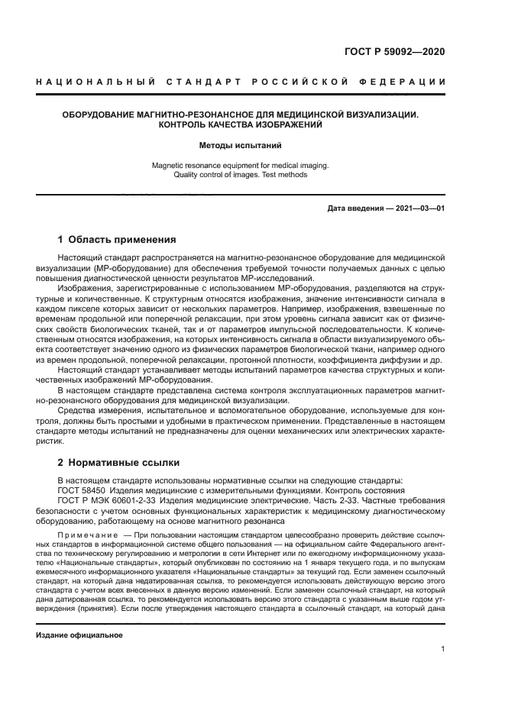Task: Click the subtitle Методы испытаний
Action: point(241,144)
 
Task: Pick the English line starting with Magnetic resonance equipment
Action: point(241,164)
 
